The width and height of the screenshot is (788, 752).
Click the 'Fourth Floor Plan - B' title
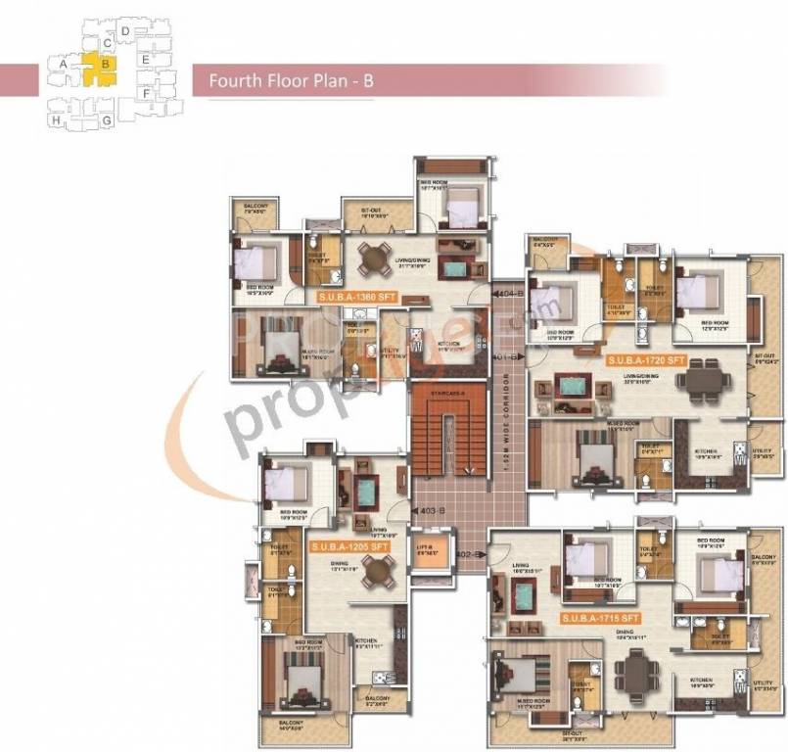291,82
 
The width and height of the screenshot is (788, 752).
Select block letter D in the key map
126,32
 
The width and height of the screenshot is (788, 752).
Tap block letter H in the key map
57,120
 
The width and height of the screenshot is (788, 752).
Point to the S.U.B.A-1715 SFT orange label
600,618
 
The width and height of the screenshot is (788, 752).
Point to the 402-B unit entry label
467,554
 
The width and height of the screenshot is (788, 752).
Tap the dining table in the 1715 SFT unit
635,675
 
